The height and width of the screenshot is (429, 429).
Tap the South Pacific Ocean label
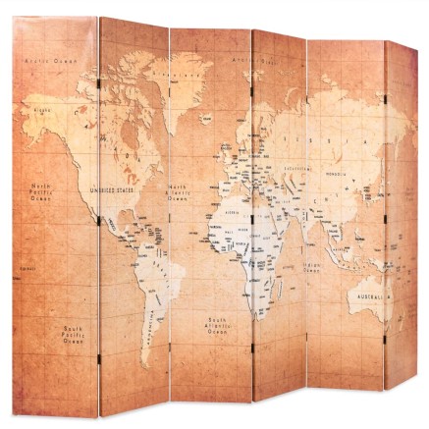[x=73, y=335]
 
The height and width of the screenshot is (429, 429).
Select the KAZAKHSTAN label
[x=295, y=169]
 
